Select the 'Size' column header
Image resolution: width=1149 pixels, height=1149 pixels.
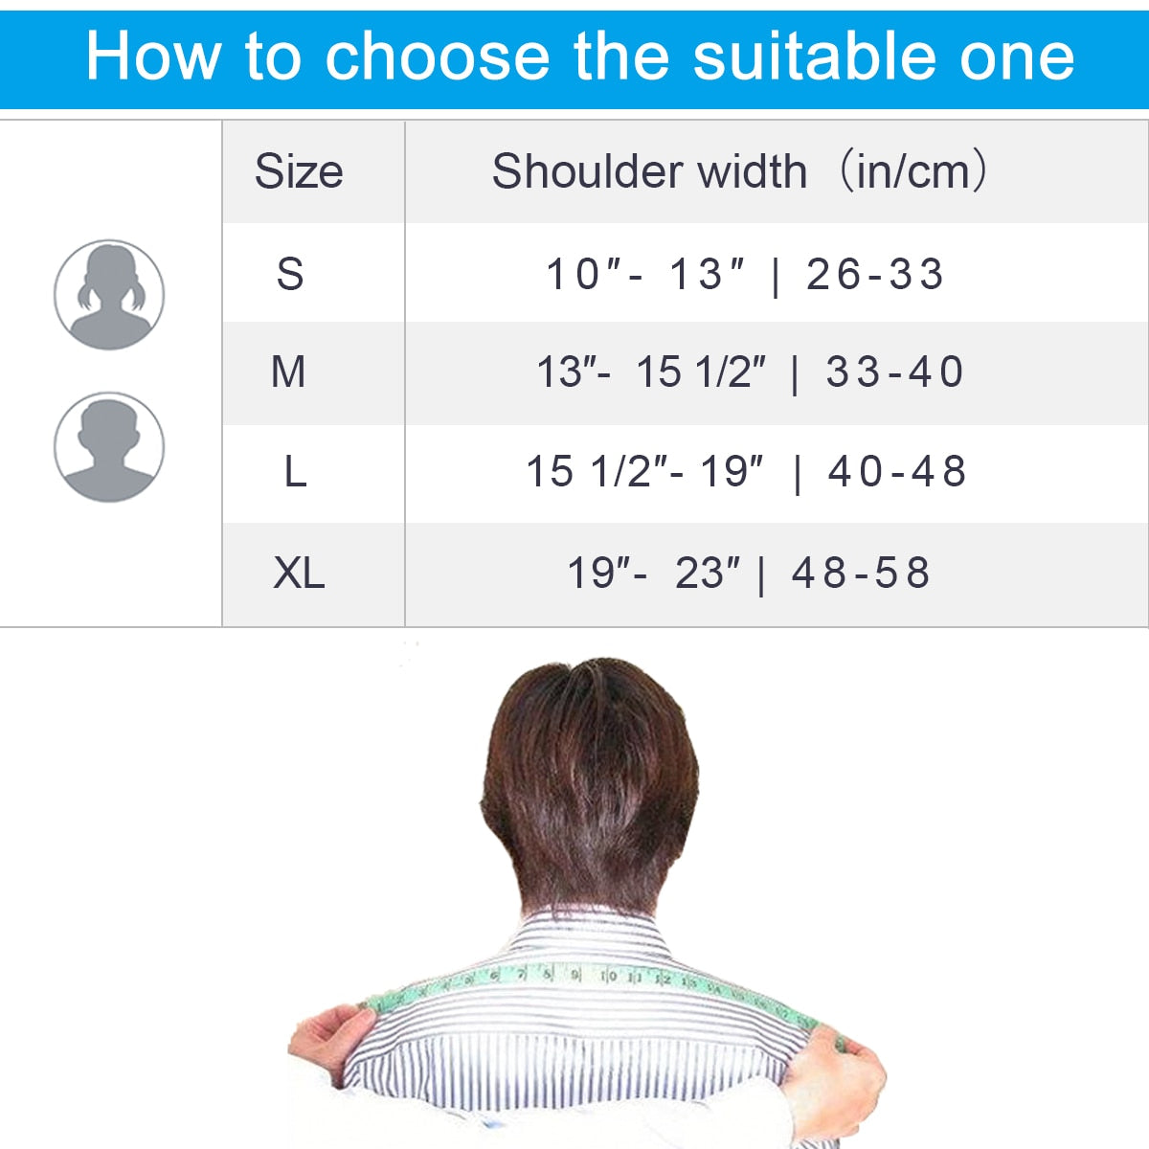(299, 172)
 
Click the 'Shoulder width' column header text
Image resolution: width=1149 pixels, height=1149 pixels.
(649, 172)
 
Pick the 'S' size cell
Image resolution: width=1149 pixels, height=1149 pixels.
(290, 275)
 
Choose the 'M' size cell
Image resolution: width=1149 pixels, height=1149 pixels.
(288, 372)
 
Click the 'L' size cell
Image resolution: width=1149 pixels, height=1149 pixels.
(295, 472)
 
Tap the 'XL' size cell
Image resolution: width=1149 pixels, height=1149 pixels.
(299, 574)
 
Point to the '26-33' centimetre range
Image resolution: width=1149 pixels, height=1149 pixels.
(875, 275)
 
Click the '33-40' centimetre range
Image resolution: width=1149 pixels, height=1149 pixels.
(894, 372)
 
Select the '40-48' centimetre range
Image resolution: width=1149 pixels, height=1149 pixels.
(897, 472)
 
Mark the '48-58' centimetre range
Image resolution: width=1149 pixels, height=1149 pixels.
(861, 574)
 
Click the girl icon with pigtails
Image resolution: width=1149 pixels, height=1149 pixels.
(109, 295)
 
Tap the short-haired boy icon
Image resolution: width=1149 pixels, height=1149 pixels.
(109, 447)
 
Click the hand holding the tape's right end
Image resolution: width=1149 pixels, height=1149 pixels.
(847, 1072)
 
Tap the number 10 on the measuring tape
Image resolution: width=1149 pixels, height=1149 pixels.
(609, 976)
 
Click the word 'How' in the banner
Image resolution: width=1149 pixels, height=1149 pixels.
(153, 56)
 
